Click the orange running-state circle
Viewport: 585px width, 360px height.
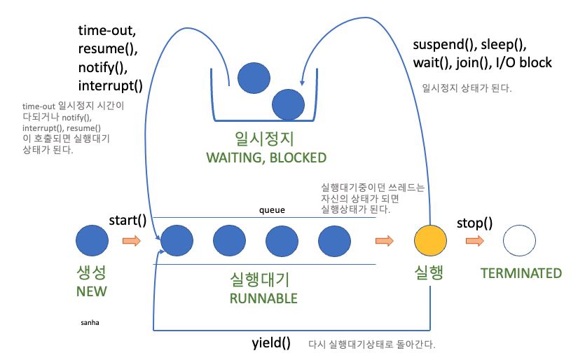430,241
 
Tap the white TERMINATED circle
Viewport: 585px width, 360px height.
521,241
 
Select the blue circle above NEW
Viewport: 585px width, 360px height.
92,241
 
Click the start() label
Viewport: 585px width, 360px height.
128,221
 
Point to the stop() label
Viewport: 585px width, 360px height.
474,224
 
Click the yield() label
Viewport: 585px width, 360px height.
270,343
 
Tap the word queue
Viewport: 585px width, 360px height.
272,209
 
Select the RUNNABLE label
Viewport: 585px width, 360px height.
263,298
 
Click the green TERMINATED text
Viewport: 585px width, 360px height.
521,273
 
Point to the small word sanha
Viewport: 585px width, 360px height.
90,323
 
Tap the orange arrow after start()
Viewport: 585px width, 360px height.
131,242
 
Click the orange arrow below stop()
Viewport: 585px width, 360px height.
474,242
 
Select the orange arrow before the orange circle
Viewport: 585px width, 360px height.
385,241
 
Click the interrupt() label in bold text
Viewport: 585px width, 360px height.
110,86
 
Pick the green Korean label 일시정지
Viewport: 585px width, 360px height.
266,138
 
